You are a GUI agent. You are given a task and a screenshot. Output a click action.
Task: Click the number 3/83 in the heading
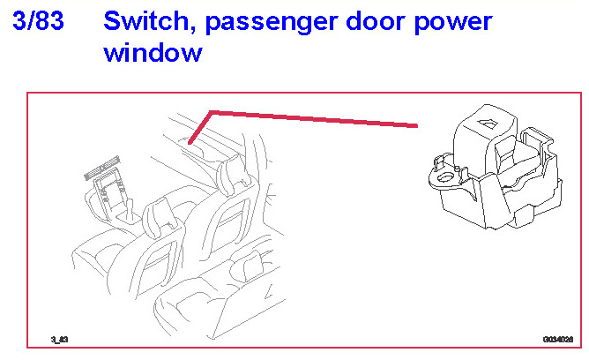coord(40,21)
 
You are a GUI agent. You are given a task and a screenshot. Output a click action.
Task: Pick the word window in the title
coord(153,52)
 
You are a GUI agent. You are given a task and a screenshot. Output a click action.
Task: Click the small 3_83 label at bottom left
coord(60,338)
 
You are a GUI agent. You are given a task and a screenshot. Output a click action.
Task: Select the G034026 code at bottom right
coord(558,338)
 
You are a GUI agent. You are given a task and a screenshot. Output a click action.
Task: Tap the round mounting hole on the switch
coord(446,177)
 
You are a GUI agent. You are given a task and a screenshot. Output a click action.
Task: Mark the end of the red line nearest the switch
coord(416,125)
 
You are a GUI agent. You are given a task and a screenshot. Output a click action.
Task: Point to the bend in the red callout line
coord(210,112)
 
